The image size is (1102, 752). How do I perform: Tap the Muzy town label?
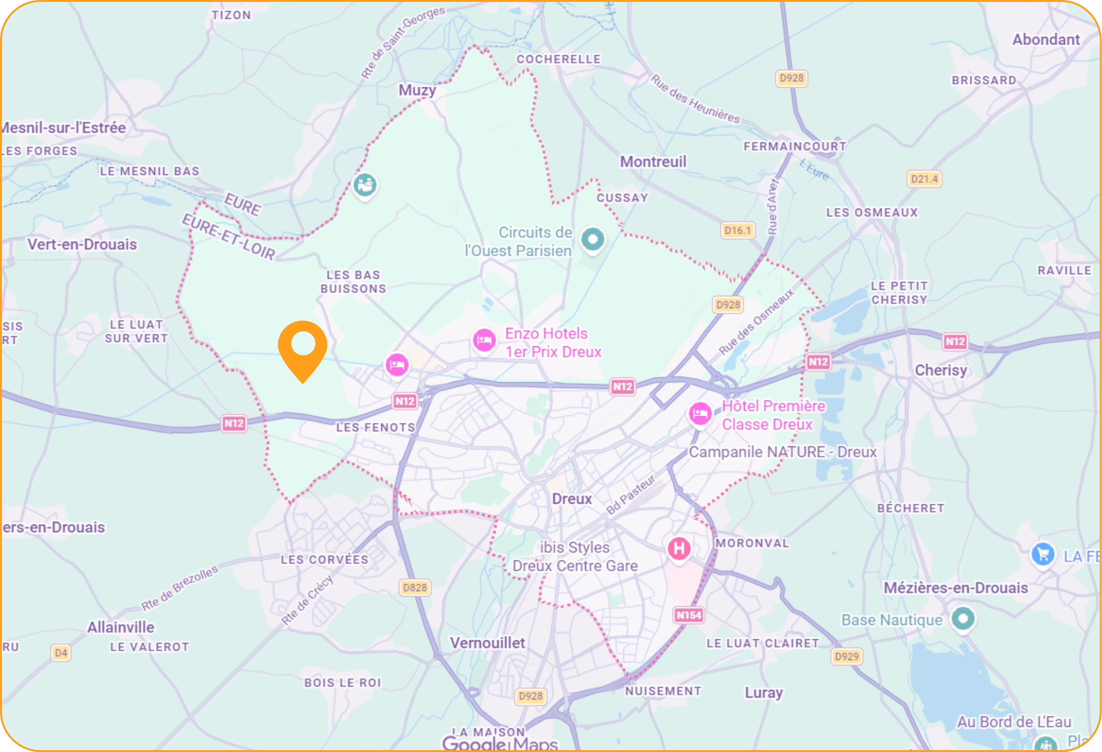coord(417,90)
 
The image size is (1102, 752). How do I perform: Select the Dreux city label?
coord(572,499)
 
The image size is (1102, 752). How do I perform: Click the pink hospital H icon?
coord(679,548)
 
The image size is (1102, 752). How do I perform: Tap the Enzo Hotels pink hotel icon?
coord(484,340)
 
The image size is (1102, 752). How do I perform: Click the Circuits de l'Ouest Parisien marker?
coord(593,239)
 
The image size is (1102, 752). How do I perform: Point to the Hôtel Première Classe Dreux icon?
coord(700,413)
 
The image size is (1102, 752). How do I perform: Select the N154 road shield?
coord(689,615)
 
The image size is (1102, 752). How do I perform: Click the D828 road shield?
coord(414,587)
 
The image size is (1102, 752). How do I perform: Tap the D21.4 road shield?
coord(924,179)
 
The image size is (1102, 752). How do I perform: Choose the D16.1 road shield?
coord(737,230)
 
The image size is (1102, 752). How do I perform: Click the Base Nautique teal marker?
coord(963,618)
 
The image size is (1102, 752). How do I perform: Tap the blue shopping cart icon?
coord(1043,553)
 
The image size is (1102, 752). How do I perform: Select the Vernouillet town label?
coord(487,643)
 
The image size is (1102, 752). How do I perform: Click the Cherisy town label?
coord(941,370)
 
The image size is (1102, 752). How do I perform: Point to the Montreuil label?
coord(653,162)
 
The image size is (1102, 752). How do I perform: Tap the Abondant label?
coord(1046,39)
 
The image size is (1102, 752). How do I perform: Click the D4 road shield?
coord(61,652)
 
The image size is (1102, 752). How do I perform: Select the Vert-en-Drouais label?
coord(82,244)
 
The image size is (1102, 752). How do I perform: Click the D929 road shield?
coord(846,656)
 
